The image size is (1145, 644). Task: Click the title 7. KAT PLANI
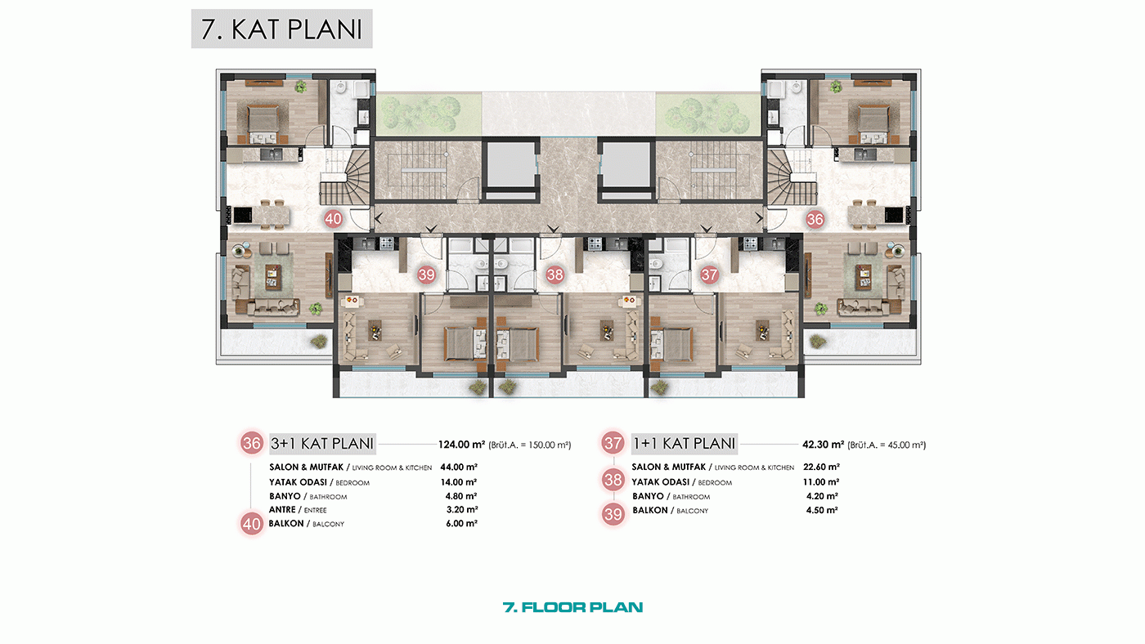[x=281, y=29]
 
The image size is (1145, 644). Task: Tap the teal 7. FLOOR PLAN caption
[x=572, y=607]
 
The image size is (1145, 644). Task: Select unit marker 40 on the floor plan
[x=333, y=219]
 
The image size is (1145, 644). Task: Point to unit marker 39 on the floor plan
[x=426, y=275]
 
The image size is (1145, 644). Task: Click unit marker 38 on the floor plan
[x=555, y=275]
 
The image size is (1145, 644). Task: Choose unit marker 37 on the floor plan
[x=709, y=275]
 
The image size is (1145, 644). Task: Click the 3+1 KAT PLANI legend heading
[x=322, y=443]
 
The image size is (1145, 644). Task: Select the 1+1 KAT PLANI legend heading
[x=685, y=443]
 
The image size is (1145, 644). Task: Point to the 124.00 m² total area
[x=461, y=445]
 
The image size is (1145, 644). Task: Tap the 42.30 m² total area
[x=823, y=445]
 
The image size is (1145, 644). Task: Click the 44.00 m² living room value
[x=459, y=467]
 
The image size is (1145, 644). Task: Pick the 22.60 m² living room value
[x=821, y=467]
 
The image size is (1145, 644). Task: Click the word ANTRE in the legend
[x=282, y=510]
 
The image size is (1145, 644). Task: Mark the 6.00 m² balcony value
[x=461, y=524]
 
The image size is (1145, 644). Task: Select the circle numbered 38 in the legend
[x=613, y=480]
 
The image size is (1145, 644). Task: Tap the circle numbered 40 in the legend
[x=252, y=524]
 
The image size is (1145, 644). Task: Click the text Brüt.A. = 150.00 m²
[x=530, y=445]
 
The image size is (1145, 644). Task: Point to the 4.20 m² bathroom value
[x=822, y=496]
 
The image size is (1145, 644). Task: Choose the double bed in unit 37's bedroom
[x=671, y=343]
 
